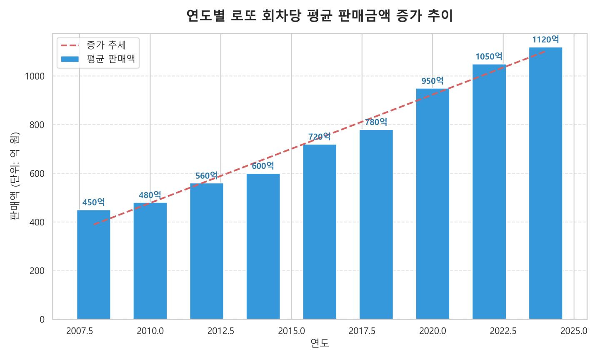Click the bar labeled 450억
tap(93, 265)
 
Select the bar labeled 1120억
tap(545, 183)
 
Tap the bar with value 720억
tap(320, 232)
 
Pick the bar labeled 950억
tap(432, 204)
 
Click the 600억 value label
tap(263, 166)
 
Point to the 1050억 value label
tap(489, 56)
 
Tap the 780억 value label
tap(376, 122)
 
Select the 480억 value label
tap(150, 195)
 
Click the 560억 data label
tap(207, 176)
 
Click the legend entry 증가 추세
tap(106, 45)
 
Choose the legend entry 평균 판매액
tap(111, 59)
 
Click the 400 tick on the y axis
tap(37, 222)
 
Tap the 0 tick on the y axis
tap(42, 320)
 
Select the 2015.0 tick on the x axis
tap(291, 331)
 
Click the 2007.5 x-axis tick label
tap(80, 331)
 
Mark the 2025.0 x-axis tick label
tap(574, 331)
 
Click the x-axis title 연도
tap(320, 343)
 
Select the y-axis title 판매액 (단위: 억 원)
tap(15, 176)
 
